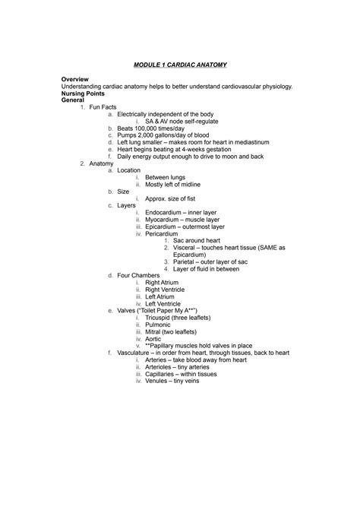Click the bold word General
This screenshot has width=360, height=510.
[74, 100]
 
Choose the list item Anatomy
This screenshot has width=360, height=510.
[101, 163]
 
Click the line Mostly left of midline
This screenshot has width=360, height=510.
[172, 185]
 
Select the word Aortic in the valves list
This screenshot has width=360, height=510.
[154, 337]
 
